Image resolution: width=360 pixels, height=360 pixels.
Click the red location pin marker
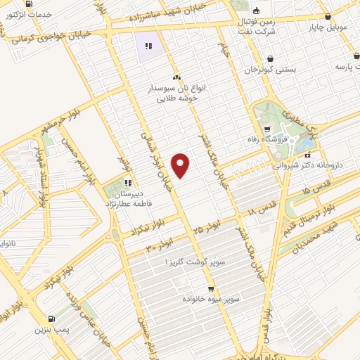tap(181, 165)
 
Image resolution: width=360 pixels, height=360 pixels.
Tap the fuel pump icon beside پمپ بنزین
tap(51, 318)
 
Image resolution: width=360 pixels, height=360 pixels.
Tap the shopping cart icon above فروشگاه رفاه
tap(268, 129)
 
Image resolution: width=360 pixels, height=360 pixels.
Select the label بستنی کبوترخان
tap(271, 70)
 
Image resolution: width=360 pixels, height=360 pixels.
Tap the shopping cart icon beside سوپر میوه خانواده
tap(210, 289)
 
